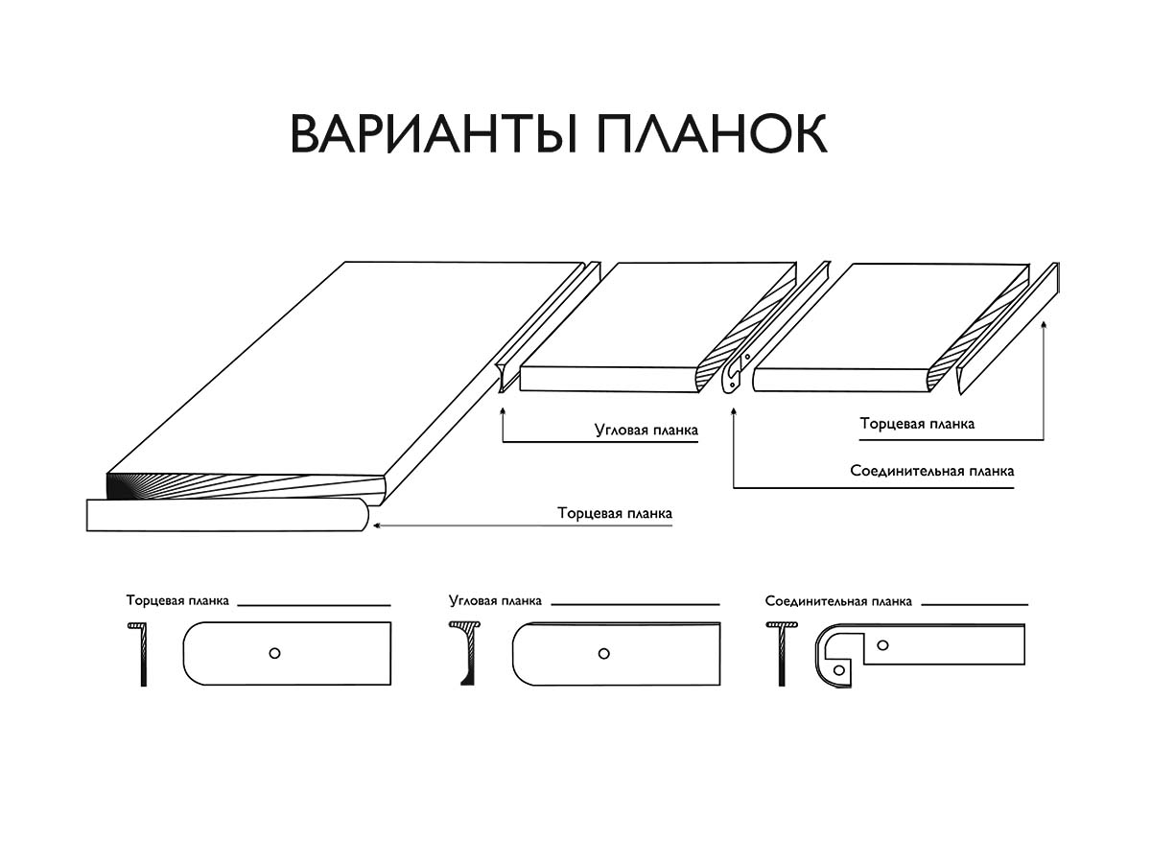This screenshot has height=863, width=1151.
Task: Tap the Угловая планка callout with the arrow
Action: [x=646, y=431]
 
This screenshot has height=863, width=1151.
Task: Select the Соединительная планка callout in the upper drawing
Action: [x=931, y=472]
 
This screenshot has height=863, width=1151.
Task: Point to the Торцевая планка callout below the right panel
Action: [x=917, y=423]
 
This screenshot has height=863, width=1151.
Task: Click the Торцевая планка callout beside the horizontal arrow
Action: [x=615, y=513]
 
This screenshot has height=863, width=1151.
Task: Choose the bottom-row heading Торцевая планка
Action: [x=177, y=601]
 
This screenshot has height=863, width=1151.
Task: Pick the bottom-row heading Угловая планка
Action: [x=495, y=601]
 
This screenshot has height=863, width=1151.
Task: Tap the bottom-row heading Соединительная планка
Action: [x=838, y=601]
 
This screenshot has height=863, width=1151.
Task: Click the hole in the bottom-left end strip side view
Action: [x=274, y=653]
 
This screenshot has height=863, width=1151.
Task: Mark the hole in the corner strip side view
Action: [x=603, y=654]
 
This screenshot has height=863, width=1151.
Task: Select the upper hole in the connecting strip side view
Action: [x=883, y=644]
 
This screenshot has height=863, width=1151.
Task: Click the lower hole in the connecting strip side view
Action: [x=839, y=668]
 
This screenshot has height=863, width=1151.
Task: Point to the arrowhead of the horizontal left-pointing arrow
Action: [x=377, y=525]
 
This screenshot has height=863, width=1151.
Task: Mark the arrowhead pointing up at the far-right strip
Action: [x=1043, y=327]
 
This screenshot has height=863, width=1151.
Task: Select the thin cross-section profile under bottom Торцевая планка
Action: [x=141, y=654]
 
